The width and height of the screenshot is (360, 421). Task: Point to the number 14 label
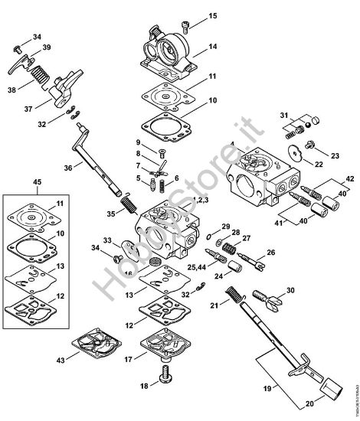[212, 47]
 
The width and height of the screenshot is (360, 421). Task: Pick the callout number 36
[69, 168]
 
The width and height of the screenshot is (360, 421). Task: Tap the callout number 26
[271, 253]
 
